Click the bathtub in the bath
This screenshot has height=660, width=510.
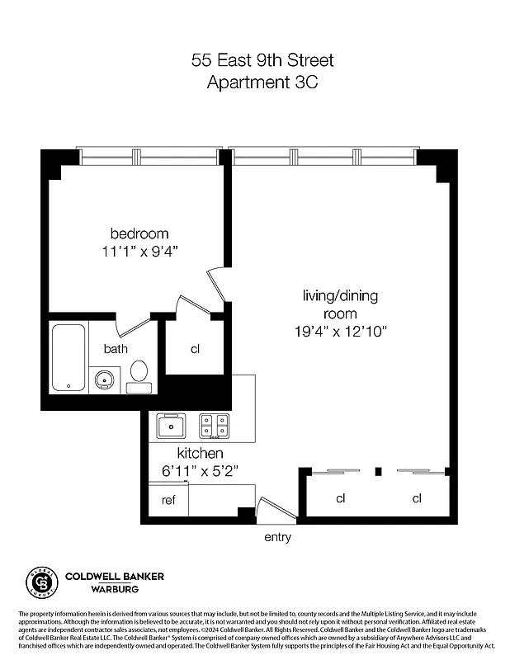pos(68,358)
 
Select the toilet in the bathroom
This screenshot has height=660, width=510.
pos(139,376)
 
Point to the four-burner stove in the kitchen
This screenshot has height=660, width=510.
pos(215,426)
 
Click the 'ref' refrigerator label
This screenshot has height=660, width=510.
pos(168,499)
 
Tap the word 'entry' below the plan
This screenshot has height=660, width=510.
pos(277,537)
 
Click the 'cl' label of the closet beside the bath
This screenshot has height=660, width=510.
pos(196,349)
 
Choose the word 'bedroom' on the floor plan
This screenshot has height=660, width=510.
pos(139,233)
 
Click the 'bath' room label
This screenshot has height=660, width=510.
pos(116,349)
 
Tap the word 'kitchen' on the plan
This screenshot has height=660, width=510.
pos(201,454)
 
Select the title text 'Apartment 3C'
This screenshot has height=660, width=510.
pos(262,82)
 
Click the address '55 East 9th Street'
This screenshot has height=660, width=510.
pos(262,60)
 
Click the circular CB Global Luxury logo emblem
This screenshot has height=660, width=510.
pos(43,582)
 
